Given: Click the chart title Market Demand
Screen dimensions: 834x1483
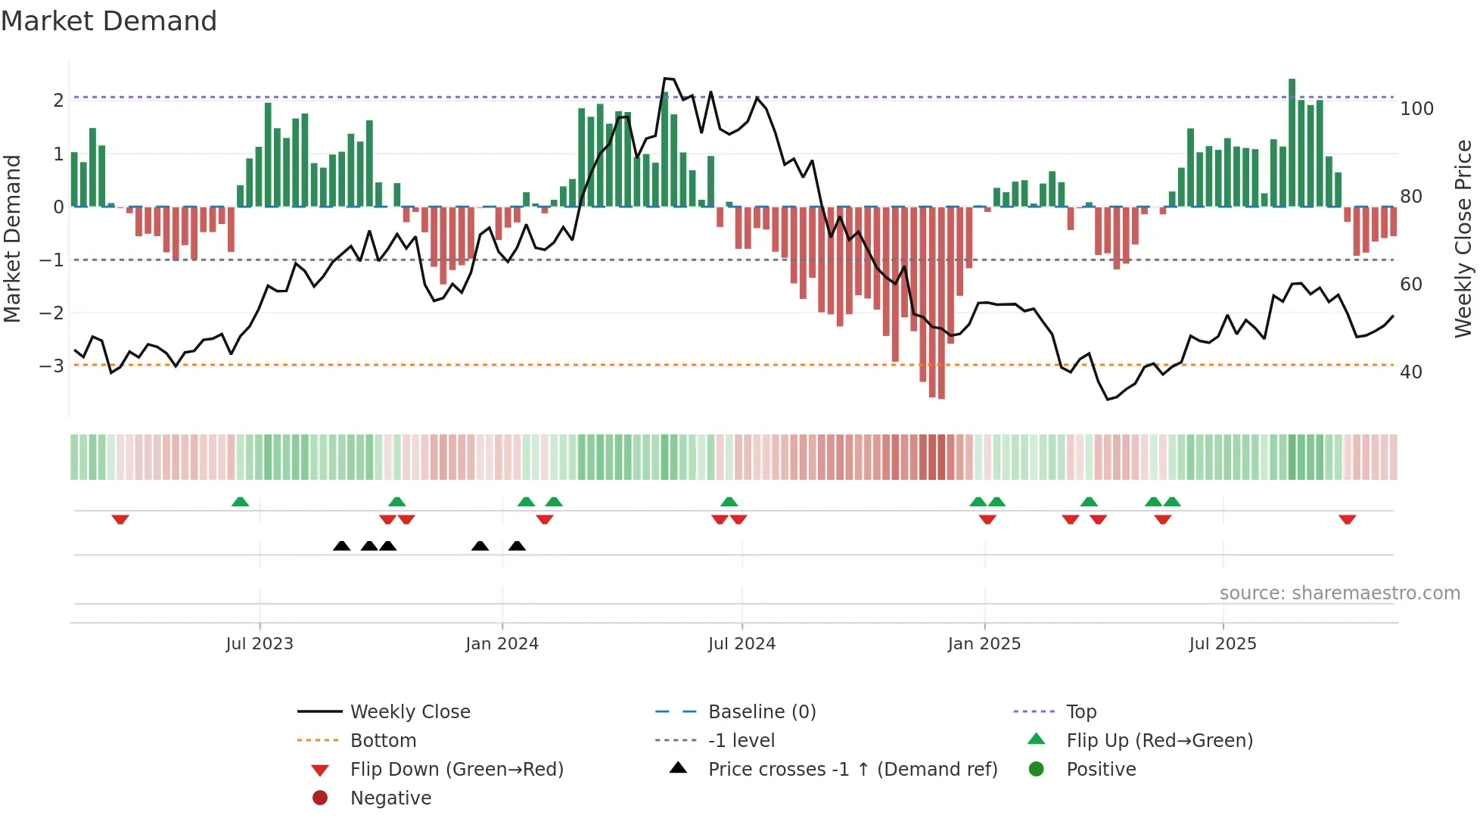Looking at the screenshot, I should [x=109, y=20].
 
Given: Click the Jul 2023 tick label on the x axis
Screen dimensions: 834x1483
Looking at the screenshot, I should [x=260, y=644].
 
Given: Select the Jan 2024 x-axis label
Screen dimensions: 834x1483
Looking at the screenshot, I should [x=502, y=644].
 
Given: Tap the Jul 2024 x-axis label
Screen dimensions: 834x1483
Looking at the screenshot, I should [x=741, y=644].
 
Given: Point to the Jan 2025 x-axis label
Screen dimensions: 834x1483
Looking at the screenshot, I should [x=984, y=644].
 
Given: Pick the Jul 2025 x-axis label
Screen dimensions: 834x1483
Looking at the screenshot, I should [x=1222, y=644].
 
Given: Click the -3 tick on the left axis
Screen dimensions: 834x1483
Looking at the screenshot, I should [x=51, y=366].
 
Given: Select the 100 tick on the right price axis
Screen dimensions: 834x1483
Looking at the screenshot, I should [x=1416, y=109].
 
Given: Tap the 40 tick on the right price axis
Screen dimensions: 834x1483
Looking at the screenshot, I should [x=1410, y=372].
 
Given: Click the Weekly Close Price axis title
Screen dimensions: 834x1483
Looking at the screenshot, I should [x=1463, y=238].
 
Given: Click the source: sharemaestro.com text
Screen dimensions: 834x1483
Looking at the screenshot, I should [x=1339, y=593].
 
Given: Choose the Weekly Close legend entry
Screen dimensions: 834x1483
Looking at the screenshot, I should [x=409, y=712].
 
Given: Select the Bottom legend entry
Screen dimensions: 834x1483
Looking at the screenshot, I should [x=383, y=741].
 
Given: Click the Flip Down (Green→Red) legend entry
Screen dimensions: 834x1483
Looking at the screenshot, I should [x=456, y=770].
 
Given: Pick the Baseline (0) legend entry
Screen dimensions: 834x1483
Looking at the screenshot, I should [x=761, y=712].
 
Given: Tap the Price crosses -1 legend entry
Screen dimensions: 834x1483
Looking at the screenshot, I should [x=852, y=770].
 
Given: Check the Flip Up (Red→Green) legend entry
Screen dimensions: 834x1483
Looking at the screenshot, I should [x=1159, y=741].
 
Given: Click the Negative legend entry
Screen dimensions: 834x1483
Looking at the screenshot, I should [x=390, y=798].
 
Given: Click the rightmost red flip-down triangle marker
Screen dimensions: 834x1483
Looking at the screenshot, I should [x=1347, y=519].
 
